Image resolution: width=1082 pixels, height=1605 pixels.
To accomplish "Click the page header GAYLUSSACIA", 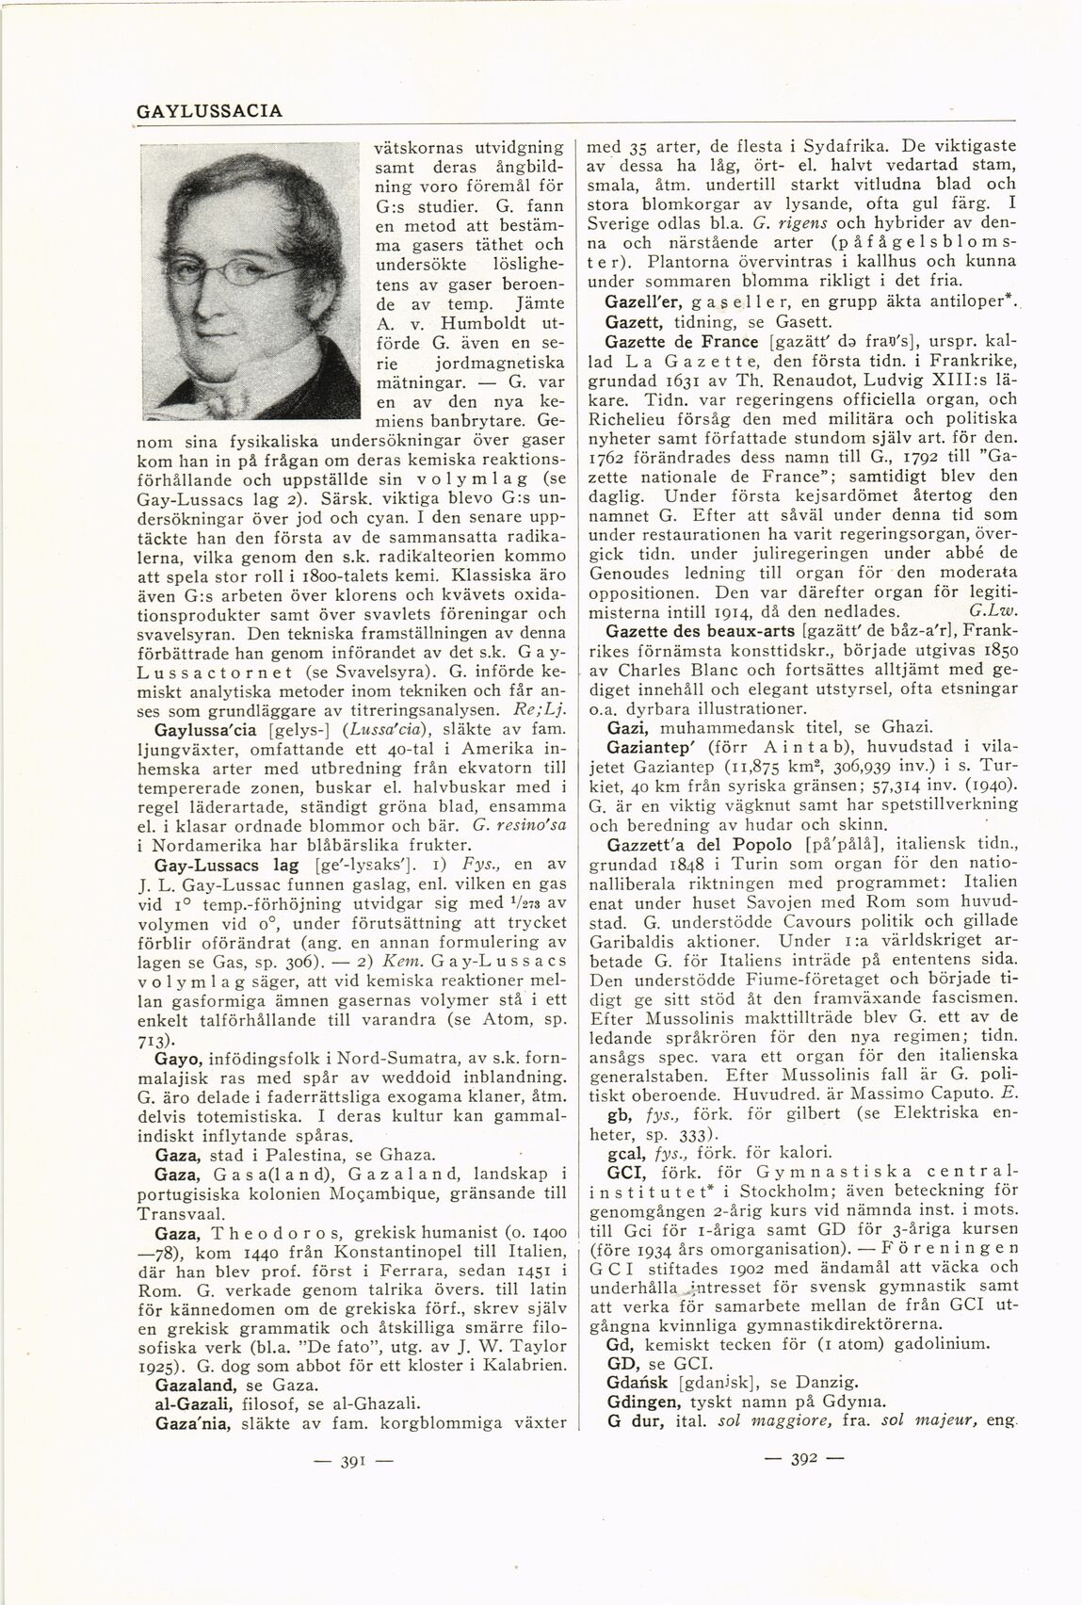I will coord(209,111).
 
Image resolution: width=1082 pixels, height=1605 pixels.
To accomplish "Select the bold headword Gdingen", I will coord(640,1401).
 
